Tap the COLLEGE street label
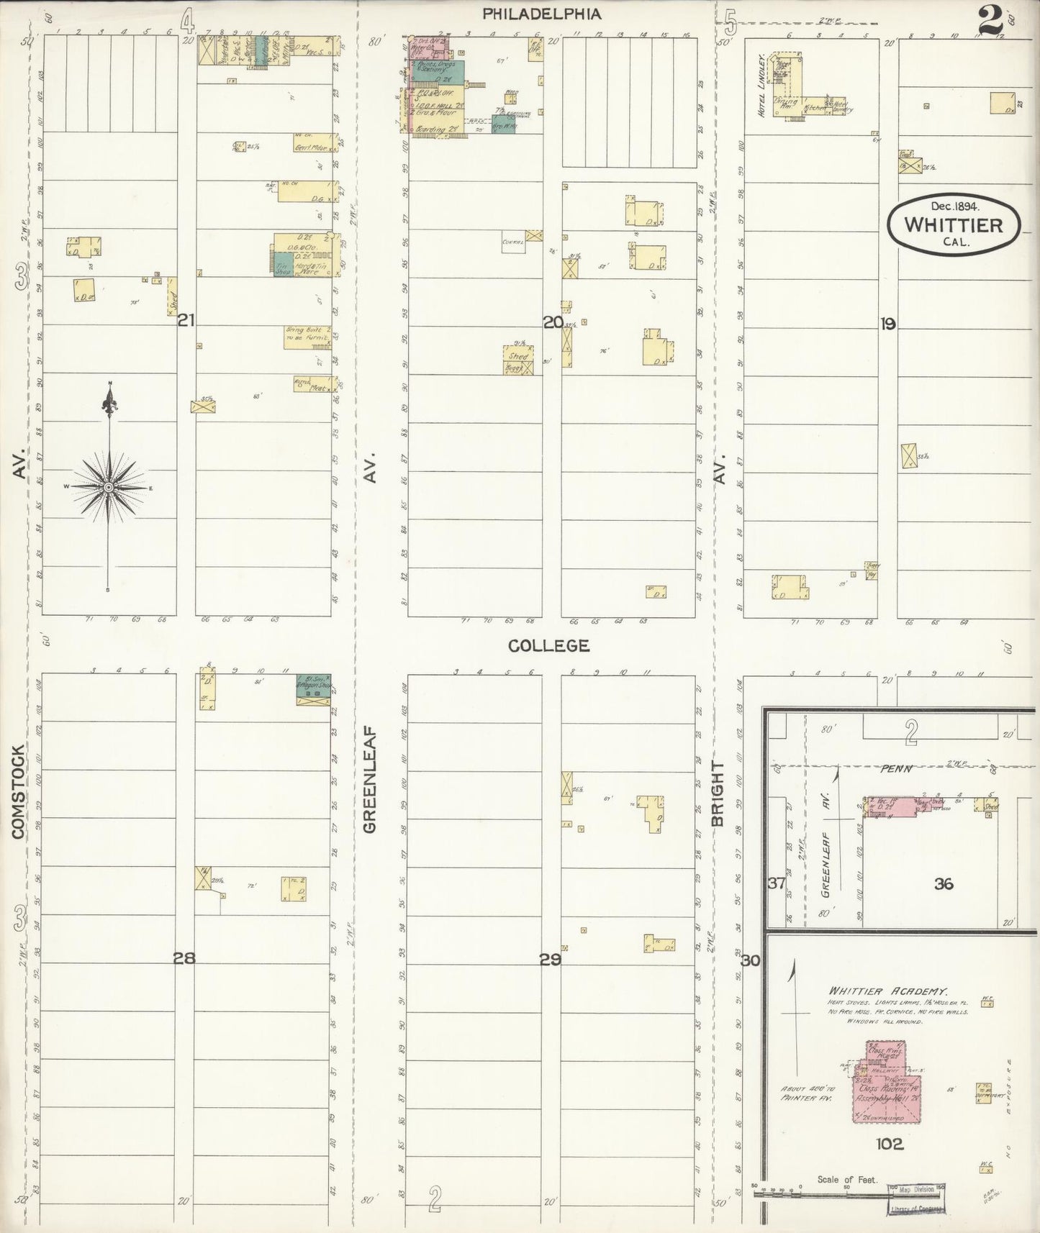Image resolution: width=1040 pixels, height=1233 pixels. [548, 646]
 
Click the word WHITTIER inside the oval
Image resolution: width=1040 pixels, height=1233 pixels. [953, 225]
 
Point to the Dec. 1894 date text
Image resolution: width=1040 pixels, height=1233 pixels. [955, 206]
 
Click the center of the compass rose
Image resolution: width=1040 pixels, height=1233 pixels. [109, 487]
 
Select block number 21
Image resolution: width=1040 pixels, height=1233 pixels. [186, 321]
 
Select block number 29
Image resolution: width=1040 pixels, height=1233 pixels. [550, 959]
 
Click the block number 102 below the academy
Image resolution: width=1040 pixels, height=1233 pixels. [889, 1144]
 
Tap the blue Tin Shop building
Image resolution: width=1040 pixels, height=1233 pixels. [283, 265]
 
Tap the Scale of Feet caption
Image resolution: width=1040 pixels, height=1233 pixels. [846, 1180]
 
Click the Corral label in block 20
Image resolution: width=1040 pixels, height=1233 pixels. [512, 242]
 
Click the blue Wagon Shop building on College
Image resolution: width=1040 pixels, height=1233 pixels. [314, 685]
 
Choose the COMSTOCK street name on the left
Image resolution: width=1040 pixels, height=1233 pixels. [19, 791]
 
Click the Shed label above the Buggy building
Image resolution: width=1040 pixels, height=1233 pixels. [517, 356]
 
